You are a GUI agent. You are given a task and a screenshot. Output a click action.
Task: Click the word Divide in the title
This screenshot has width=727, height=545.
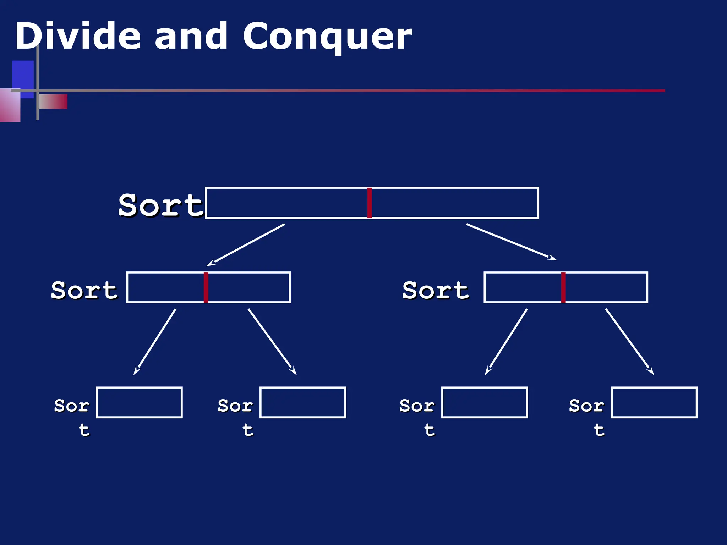click(x=77, y=35)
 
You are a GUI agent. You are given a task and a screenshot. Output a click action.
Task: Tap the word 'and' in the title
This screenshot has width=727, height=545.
click(x=191, y=35)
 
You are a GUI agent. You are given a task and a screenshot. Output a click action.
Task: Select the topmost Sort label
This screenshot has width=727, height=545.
click(x=160, y=205)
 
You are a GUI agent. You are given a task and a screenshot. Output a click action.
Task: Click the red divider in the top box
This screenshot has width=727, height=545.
click(x=369, y=203)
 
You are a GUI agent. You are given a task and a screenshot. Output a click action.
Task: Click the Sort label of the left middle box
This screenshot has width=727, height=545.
click(x=84, y=290)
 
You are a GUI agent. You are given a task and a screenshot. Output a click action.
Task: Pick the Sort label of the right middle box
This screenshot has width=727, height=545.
click(x=436, y=290)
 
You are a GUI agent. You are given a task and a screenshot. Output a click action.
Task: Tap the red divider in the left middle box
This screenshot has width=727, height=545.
click(x=206, y=287)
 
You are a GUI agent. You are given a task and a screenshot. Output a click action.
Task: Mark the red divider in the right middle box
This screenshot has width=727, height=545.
click(x=563, y=287)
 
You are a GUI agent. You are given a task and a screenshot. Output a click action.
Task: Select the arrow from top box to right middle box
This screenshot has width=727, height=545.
click(x=511, y=242)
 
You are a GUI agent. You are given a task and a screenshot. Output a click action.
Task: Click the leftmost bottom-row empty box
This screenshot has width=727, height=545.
click(x=139, y=402)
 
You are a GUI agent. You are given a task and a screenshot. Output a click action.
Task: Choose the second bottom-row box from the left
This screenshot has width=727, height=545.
click(x=303, y=402)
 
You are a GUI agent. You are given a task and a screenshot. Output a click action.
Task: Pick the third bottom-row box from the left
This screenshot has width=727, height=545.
click(x=485, y=402)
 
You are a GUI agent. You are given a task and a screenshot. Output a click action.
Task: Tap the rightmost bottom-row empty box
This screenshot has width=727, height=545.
click(x=654, y=402)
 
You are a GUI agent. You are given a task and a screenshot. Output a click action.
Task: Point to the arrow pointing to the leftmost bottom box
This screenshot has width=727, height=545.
click(x=155, y=341)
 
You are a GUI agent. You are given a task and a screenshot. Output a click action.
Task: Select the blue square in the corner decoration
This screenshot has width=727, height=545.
click(x=23, y=75)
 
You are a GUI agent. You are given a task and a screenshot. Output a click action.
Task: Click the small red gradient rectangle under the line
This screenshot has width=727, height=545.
click(x=53, y=101)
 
